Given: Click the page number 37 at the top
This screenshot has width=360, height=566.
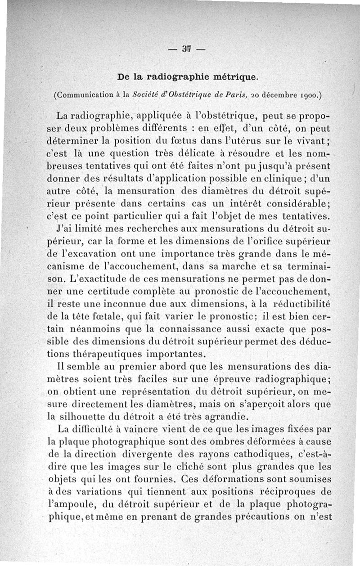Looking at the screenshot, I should coord(185,49).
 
